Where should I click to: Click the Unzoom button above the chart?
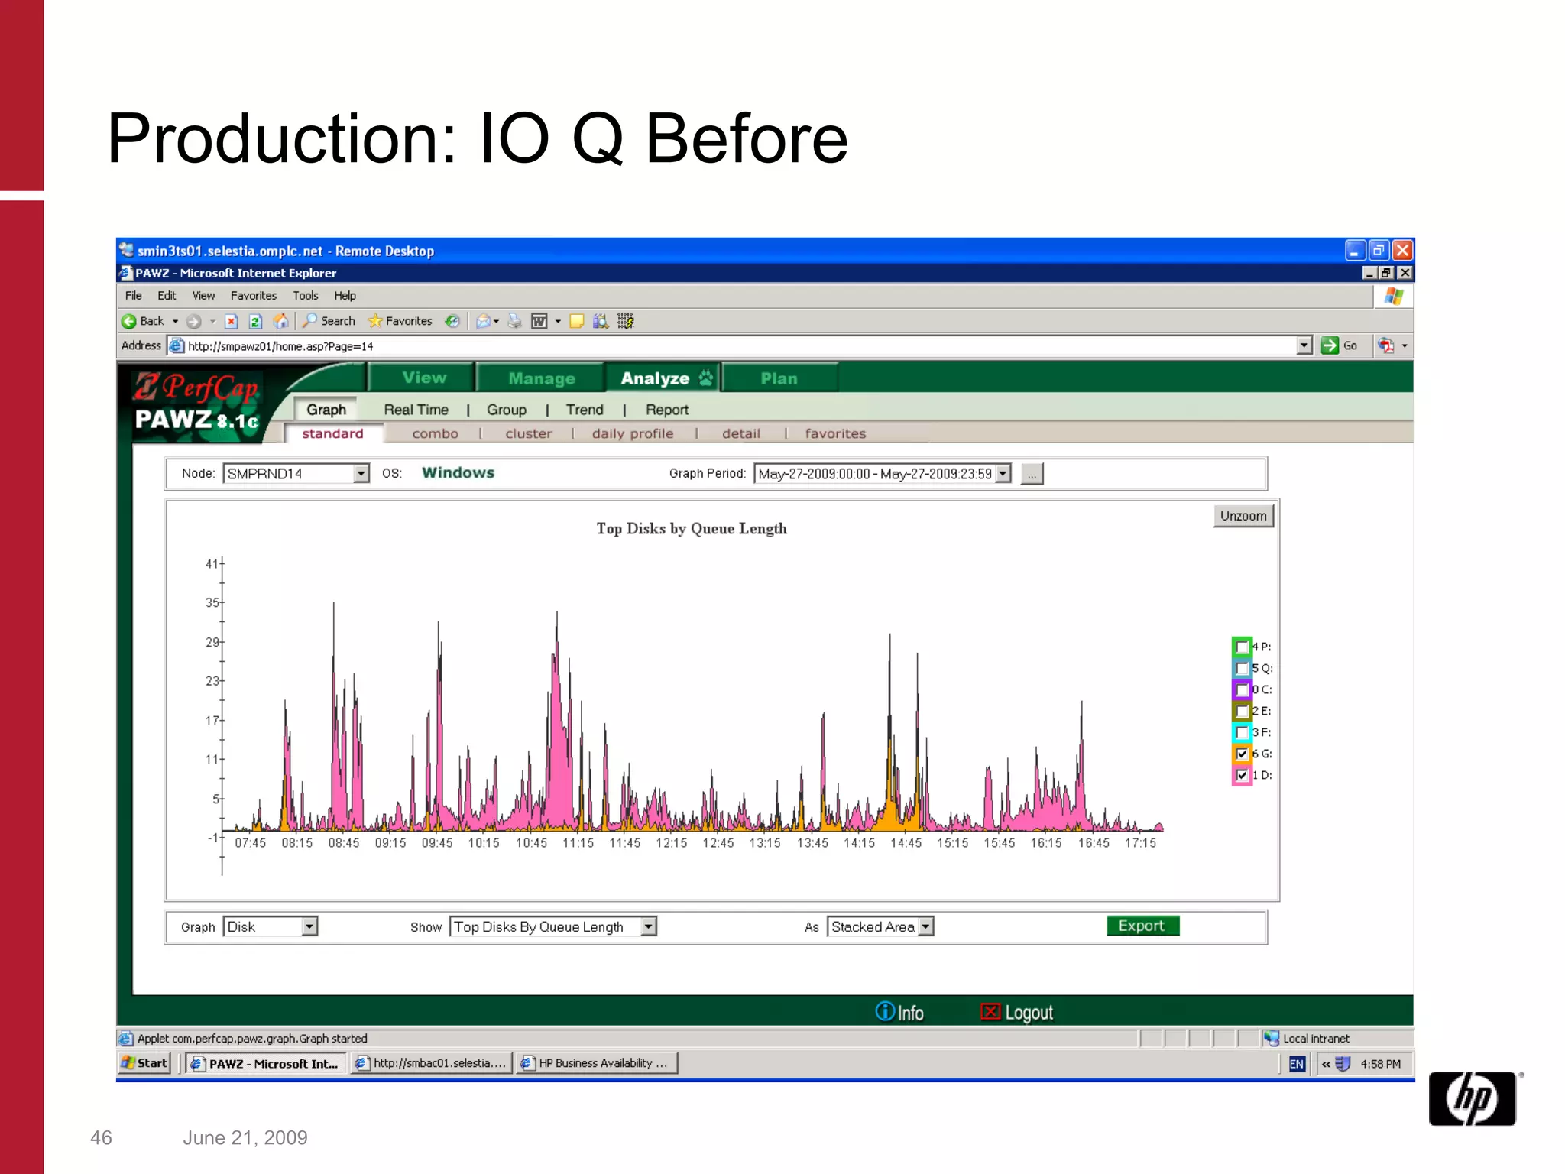(1243, 516)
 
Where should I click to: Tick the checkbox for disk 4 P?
(1242, 647)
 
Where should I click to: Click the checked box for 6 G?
(1242, 754)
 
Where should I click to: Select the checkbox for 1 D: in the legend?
(1242, 775)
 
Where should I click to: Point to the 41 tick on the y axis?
(212, 564)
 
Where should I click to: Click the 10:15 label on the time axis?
(484, 843)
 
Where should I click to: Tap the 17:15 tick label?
(1140, 843)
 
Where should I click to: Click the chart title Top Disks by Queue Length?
(692, 529)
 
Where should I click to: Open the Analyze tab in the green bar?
(662, 378)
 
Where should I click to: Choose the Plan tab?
(779, 378)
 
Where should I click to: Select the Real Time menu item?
(416, 410)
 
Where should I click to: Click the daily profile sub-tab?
(632, 433)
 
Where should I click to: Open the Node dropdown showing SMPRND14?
(296, 474)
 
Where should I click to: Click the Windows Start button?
(144, 1063)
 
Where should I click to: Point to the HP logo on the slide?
(1472, 1098)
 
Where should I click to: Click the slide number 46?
(101, 1138)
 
